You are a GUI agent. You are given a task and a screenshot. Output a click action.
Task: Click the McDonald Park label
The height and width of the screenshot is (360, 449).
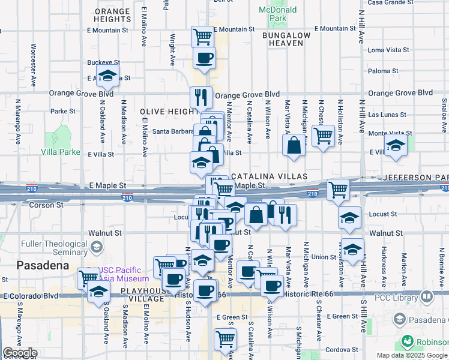(x=277, y=14)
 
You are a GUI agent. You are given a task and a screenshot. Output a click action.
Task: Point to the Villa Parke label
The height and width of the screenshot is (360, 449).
(x=61, y=152)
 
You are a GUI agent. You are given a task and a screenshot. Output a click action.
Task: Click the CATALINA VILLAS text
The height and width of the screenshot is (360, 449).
(x=269, y=176)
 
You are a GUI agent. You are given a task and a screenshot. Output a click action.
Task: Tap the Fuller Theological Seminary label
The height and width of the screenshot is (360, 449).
(x=54, y=248)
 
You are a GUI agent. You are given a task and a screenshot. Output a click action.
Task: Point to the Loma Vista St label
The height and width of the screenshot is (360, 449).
(x=388, y=50)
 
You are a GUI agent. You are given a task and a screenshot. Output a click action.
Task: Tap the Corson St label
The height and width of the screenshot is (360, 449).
(x=46, y=205)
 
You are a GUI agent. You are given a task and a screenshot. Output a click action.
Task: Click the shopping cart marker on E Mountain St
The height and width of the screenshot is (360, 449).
(x=203, y=35)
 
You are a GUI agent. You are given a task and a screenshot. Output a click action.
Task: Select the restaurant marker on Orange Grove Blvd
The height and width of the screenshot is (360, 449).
(x=202, y=97)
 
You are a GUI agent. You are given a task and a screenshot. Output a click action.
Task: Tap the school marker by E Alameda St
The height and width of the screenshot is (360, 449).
(x=108, y=76)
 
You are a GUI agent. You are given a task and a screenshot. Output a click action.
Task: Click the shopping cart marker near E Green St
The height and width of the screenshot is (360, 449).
(x=226, y=338)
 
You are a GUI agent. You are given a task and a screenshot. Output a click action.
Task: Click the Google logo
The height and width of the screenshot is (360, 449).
(x=20, y=353)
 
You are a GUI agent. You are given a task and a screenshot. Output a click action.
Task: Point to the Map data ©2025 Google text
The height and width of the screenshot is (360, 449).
(x=412, y=355)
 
